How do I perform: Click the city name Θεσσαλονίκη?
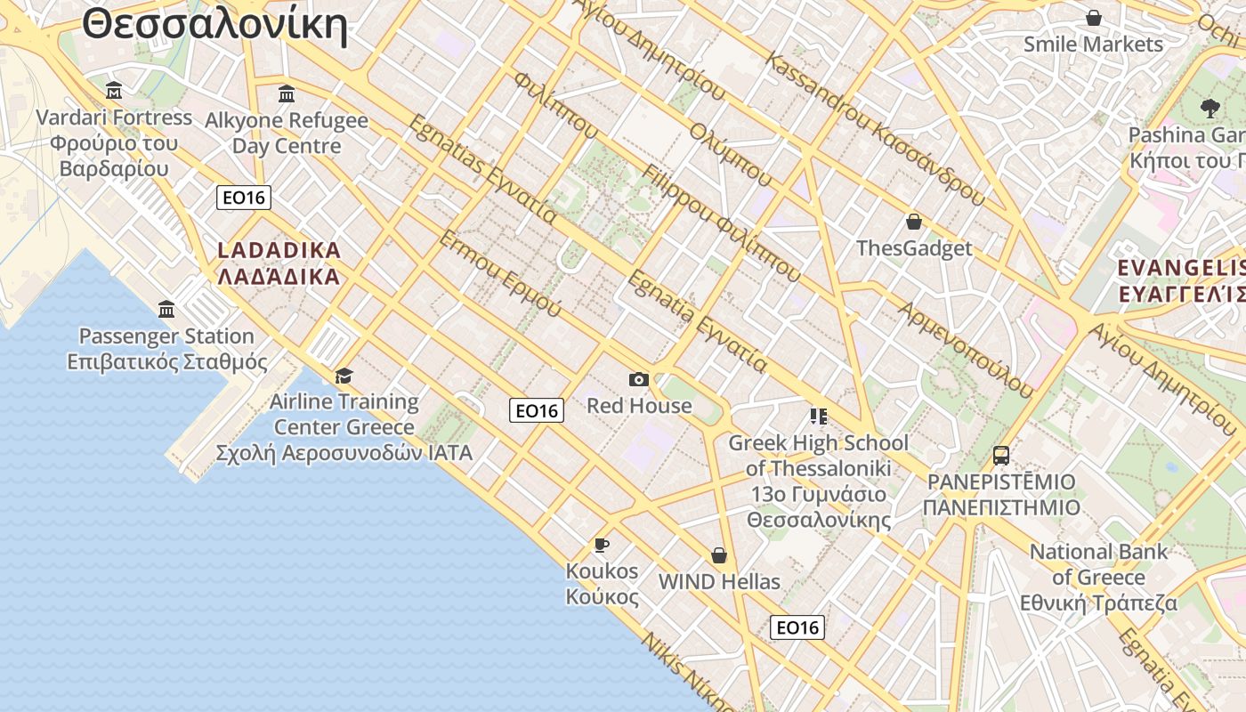214,25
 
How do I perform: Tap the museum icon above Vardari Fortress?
114,90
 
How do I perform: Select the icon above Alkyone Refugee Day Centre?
287,93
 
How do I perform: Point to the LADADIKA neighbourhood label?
279,263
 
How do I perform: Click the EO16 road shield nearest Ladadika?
244,197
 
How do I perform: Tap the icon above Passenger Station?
166,310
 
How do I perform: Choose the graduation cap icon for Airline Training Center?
344,376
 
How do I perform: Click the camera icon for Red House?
638,380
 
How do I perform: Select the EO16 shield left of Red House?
537,410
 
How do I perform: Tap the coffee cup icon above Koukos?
602,545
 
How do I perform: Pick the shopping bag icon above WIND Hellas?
719,556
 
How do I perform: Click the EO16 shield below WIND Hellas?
797,627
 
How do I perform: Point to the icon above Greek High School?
819,416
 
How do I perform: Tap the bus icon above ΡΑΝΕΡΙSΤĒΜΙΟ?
1001,456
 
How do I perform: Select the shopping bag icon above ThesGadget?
913,222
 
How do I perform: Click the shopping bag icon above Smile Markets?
1094,18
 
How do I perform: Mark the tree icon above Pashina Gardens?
1209,108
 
